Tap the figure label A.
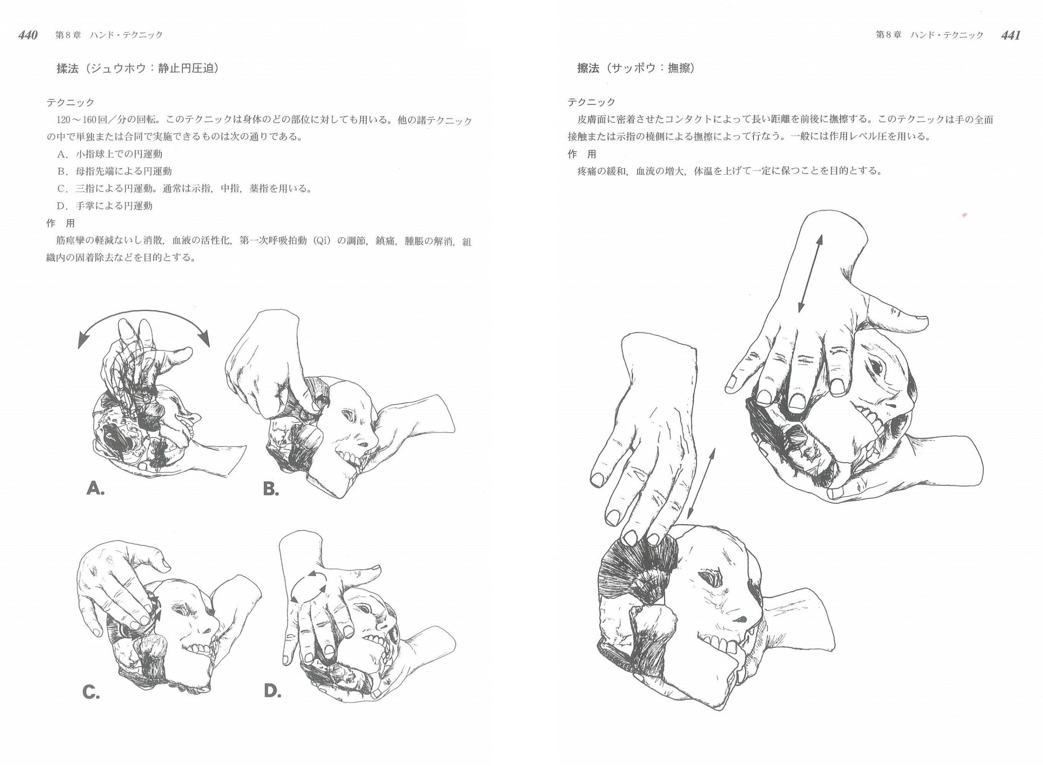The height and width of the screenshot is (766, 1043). (95, 489)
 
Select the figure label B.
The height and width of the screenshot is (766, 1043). (271, 489)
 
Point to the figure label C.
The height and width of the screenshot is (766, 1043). (91, 693)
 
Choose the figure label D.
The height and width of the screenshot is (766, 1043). (273, 691)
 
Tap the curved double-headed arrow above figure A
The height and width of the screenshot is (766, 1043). (143, 314)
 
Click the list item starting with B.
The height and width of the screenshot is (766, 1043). (115, 171)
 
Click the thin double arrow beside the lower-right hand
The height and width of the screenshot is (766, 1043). (702, 483)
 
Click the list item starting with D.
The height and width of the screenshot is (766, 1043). (105, 206)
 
